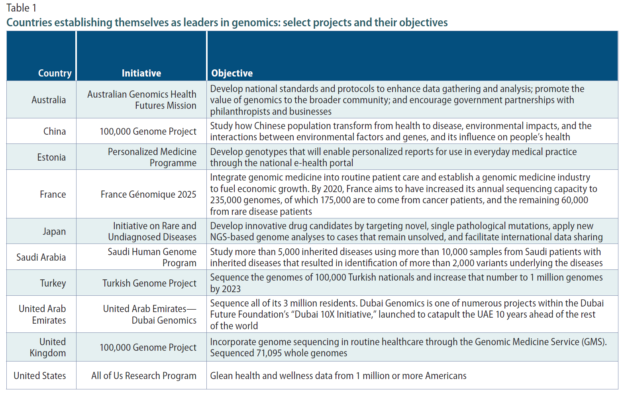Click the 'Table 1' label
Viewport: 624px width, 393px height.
pyautogui.click(x=22, y=8)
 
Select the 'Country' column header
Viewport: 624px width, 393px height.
pyautogui.click(x=55, y=73)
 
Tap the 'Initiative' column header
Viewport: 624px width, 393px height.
pyautogui.click(x=141, y=73)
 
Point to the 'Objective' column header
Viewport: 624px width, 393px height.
pyautogui.click(x=232, y=73)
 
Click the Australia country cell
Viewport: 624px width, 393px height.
pyautogui.click(x=49, y=100)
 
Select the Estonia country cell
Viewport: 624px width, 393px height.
pyautogui.click(x=51, y=157)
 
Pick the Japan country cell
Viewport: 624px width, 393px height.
pyautogui.click(x=54, y=231)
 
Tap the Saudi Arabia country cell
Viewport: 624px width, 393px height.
pyautogui.click(x=41, y=257)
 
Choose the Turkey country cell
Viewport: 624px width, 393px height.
pyautogui.click(x=53, y=283)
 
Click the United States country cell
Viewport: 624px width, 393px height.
pyautogui.click(x=40, y=376)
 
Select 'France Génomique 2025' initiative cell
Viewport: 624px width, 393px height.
pyautogui.click(x=149, y=194)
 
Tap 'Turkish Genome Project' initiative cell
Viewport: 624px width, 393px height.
pyautogui.click(x=149, y=283)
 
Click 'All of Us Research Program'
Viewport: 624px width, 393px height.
pyautogui.click(x=144, y=376)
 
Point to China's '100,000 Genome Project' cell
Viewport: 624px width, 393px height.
pyautogui.click(x=148, y=131)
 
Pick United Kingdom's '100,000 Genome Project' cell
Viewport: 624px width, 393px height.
pyautogui.click(x=148, y=347)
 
